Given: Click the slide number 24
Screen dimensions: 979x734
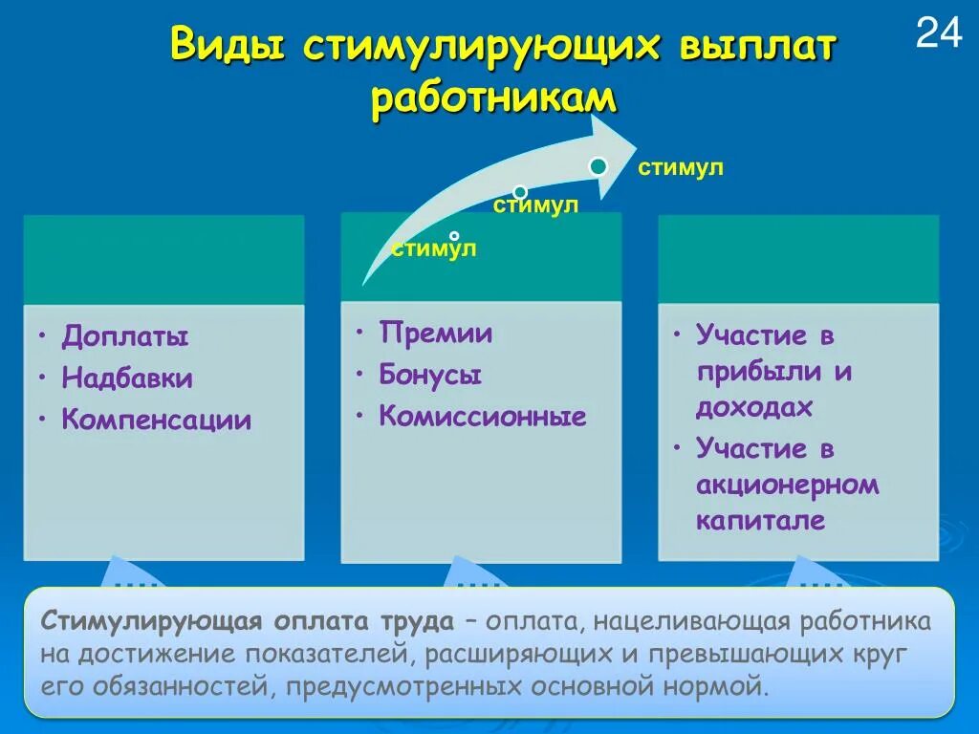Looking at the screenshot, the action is tap(939, 33).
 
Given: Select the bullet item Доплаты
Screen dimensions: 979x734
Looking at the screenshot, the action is tap(125, 336).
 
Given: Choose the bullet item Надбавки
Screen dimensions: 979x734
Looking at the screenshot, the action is tap(127, 378).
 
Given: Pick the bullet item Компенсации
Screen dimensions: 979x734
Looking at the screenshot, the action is tap(157, 420).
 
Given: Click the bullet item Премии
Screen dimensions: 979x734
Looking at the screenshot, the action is tap(436, 334).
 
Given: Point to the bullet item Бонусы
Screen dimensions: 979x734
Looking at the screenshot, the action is tap(430, 375).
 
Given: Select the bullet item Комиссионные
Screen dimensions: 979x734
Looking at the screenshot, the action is tap(483, 417).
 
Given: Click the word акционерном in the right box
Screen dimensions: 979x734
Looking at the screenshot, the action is tap(787, 485).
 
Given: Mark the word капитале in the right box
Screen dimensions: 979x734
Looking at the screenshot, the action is tap(760, 521).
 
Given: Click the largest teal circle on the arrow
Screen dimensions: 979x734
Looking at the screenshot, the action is tap(598, 167).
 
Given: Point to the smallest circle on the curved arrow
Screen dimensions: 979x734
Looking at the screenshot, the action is tap(454, 235).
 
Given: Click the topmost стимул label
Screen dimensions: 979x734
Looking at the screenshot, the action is tap(681, 169).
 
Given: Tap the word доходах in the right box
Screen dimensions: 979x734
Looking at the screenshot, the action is tap(753, 407).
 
